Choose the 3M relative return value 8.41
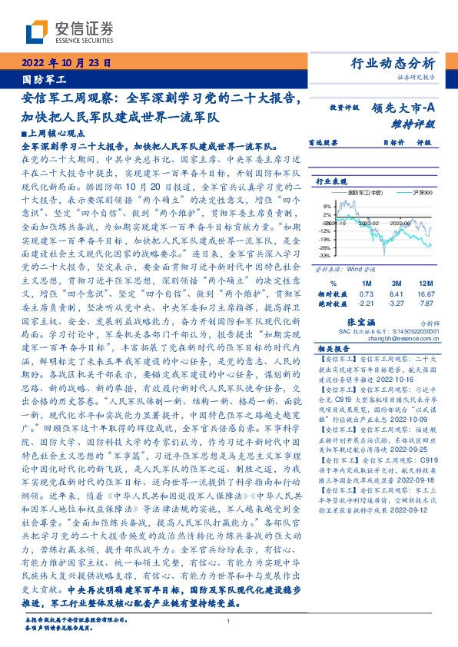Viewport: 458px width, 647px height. tap(396, 294)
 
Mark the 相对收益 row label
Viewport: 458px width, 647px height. tap(332, 294)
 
